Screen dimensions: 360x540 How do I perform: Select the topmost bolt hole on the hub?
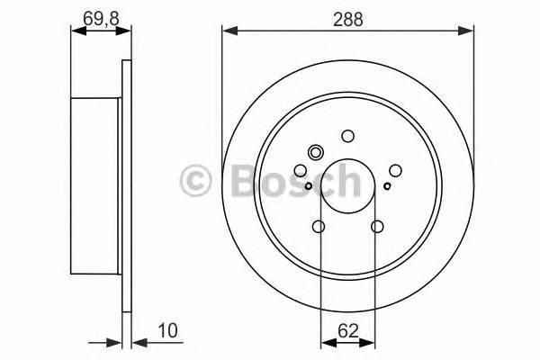click(348, 136)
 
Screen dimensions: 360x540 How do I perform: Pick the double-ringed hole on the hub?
click(315, 152)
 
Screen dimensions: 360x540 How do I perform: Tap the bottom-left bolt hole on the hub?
click(319, 227)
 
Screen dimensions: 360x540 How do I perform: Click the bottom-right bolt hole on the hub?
click(377, 227)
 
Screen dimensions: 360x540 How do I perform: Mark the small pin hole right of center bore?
click(388, 186)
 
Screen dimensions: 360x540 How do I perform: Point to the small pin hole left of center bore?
click(309, 186)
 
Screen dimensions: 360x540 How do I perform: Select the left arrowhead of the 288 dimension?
click(228, 31)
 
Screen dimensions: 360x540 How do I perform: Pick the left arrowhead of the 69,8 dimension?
click(76, 31)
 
